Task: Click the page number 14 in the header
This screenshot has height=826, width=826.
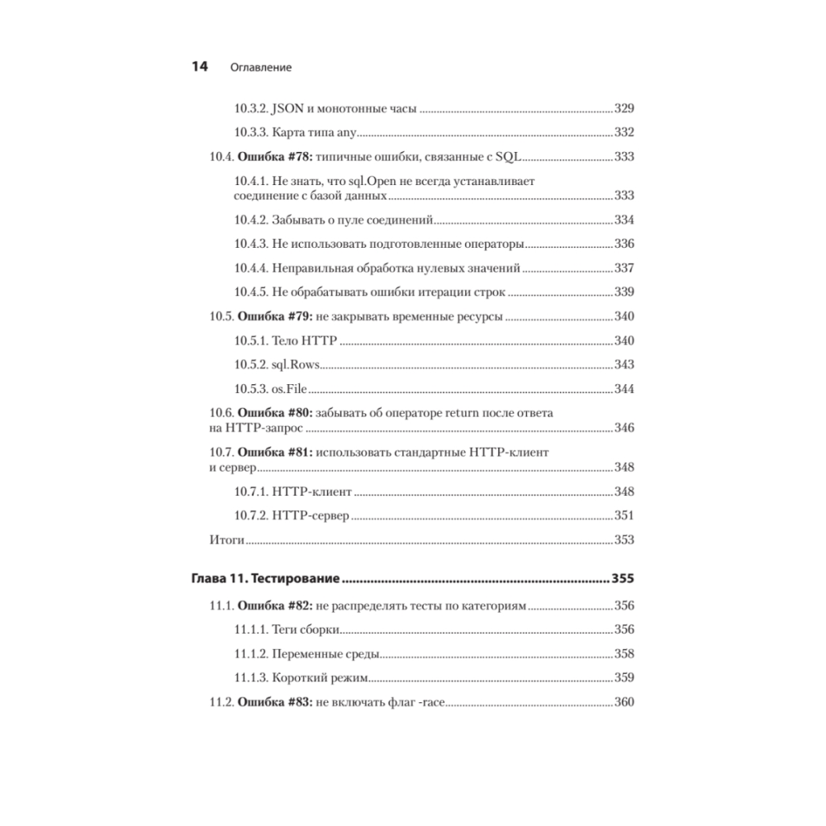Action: pos(199,67)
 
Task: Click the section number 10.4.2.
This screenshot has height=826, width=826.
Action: pos(250,220)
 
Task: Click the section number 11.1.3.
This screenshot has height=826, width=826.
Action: pos(250,678)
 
